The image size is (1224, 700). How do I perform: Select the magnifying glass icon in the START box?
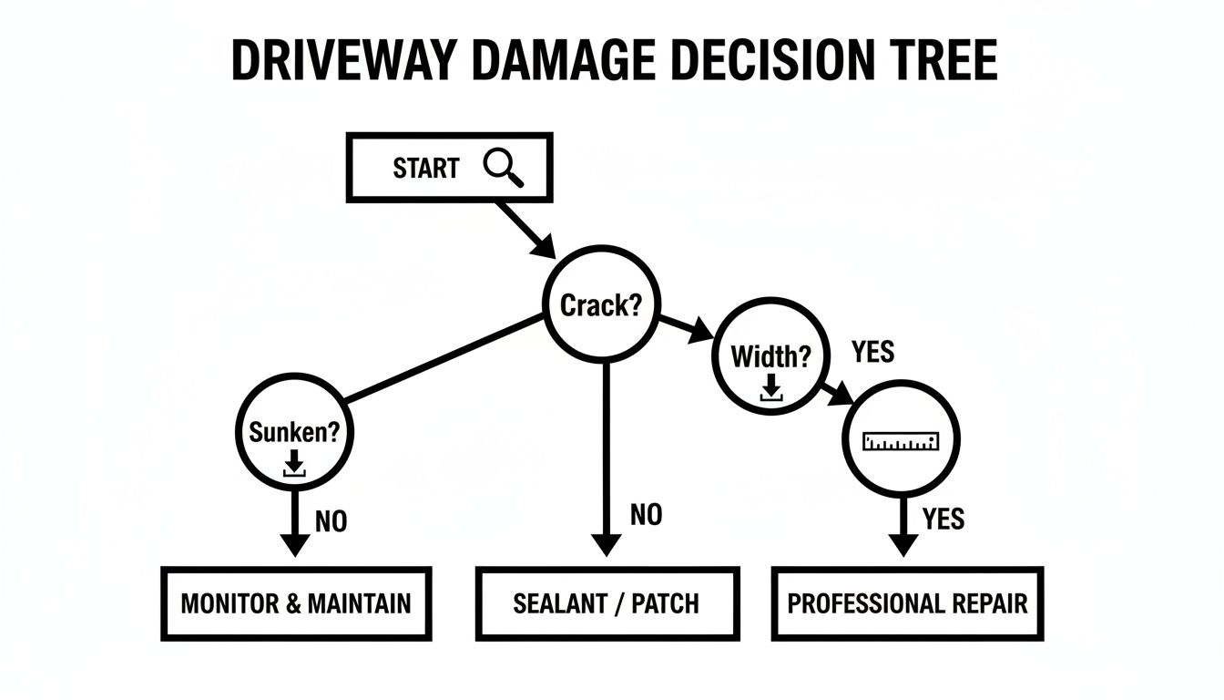click(504, 168)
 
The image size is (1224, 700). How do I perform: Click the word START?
click(425, 169)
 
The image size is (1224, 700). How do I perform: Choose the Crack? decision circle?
click(601, 304)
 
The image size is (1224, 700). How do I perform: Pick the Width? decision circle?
click(770, 357)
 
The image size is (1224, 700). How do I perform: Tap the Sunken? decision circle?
click(293, 436)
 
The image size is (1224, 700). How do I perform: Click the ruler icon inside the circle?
click(900, 442)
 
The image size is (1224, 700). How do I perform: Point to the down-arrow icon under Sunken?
click(293, 465)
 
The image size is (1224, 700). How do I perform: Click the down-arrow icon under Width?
click(770, 388)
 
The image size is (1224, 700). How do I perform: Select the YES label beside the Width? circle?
click(872, 352)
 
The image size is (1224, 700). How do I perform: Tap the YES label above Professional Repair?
click(943, 520)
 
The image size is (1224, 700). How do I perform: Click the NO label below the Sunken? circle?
click(331, 521)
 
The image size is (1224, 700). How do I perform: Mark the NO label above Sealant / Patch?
click(646, 516)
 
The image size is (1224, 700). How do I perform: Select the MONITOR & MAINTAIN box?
click(296, 603)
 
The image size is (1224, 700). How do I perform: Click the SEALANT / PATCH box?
click(607, 603)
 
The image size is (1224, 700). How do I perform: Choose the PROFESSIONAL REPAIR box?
click(907, 603)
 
